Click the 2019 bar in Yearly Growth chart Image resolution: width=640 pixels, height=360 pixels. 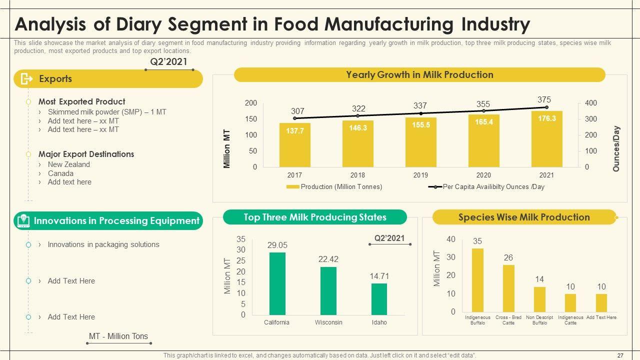click(420, 142)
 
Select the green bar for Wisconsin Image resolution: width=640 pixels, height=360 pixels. click(328, 290)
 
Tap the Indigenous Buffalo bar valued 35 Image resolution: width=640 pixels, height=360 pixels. click(477, 280)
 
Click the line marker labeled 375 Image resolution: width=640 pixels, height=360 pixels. click(546, 107)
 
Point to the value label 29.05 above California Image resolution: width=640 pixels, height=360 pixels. click(277, 245)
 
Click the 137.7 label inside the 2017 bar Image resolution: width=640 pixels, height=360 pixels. click(295, 130)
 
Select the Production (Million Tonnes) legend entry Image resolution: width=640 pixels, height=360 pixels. click(334, 187)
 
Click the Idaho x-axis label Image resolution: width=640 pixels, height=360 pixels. click(379, 322)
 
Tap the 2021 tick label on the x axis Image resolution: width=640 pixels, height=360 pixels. click(546, 175)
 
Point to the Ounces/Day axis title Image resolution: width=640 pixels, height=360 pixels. click(616, 149)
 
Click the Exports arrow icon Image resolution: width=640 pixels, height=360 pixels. click(26, 79)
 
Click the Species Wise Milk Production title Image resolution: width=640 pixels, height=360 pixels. click(524, 217)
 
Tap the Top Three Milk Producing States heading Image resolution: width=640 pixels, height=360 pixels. click(314, 217)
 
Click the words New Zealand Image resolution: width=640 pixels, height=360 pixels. click(69, 164)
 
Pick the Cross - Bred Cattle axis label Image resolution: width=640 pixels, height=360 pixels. click(508, 320)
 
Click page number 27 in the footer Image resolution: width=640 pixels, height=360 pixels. click(620, 355)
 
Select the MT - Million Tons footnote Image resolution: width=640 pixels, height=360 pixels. click(118, 336)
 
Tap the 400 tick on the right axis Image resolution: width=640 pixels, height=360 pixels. click(591, 103)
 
